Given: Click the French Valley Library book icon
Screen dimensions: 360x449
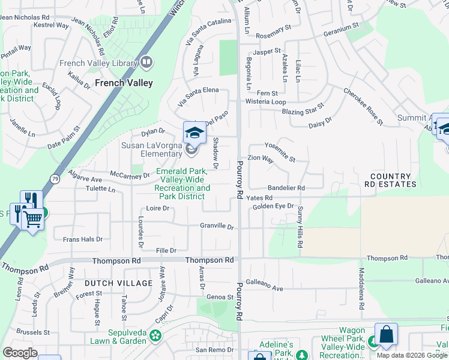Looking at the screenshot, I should point(146,62).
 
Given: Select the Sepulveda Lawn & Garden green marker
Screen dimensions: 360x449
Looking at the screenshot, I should point(156,335).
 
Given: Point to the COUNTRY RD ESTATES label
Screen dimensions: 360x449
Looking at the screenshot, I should point(393,181).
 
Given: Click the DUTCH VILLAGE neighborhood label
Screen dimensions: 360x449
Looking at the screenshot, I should point(118,283).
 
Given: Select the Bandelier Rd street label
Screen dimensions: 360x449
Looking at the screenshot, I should point(286,188).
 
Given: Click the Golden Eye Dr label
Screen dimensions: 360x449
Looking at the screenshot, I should point(273,206).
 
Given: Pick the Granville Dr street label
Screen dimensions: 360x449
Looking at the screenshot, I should point(216,226).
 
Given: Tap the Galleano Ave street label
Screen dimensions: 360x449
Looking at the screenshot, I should point(264,289).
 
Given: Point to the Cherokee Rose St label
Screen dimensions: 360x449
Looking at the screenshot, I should point(363,107).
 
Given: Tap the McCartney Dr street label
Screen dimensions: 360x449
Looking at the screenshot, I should point(134,175).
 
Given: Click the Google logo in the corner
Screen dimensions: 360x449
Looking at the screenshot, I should point(20,352).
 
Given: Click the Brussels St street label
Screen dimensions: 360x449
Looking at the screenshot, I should point(34,332).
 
